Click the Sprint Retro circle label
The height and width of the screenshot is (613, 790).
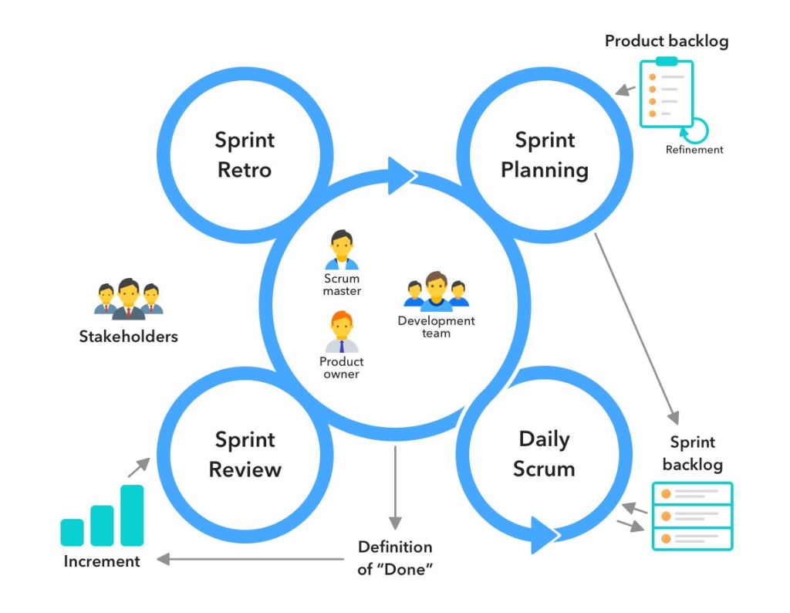point(245,154)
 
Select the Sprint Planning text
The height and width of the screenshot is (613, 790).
point(545,154)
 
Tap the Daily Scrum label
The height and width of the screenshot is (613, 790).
point(544,454)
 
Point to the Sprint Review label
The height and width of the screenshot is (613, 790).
point(245,454)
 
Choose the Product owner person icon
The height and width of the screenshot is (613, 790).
point(341,332)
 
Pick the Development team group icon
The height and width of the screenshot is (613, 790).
point(436,292)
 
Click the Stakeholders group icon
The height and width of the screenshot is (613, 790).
point(129,300)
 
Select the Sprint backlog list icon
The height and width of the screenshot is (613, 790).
point(692,516)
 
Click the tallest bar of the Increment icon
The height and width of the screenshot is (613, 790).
point(132,515)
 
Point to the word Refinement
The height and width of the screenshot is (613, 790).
point(694,150)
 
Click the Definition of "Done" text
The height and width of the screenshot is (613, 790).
point(395,557)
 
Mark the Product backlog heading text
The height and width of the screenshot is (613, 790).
point(666,41)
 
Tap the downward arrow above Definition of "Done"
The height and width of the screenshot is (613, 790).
point(395,486)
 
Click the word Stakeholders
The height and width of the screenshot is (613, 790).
point(129,337)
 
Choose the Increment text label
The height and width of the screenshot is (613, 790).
point(102,561)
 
